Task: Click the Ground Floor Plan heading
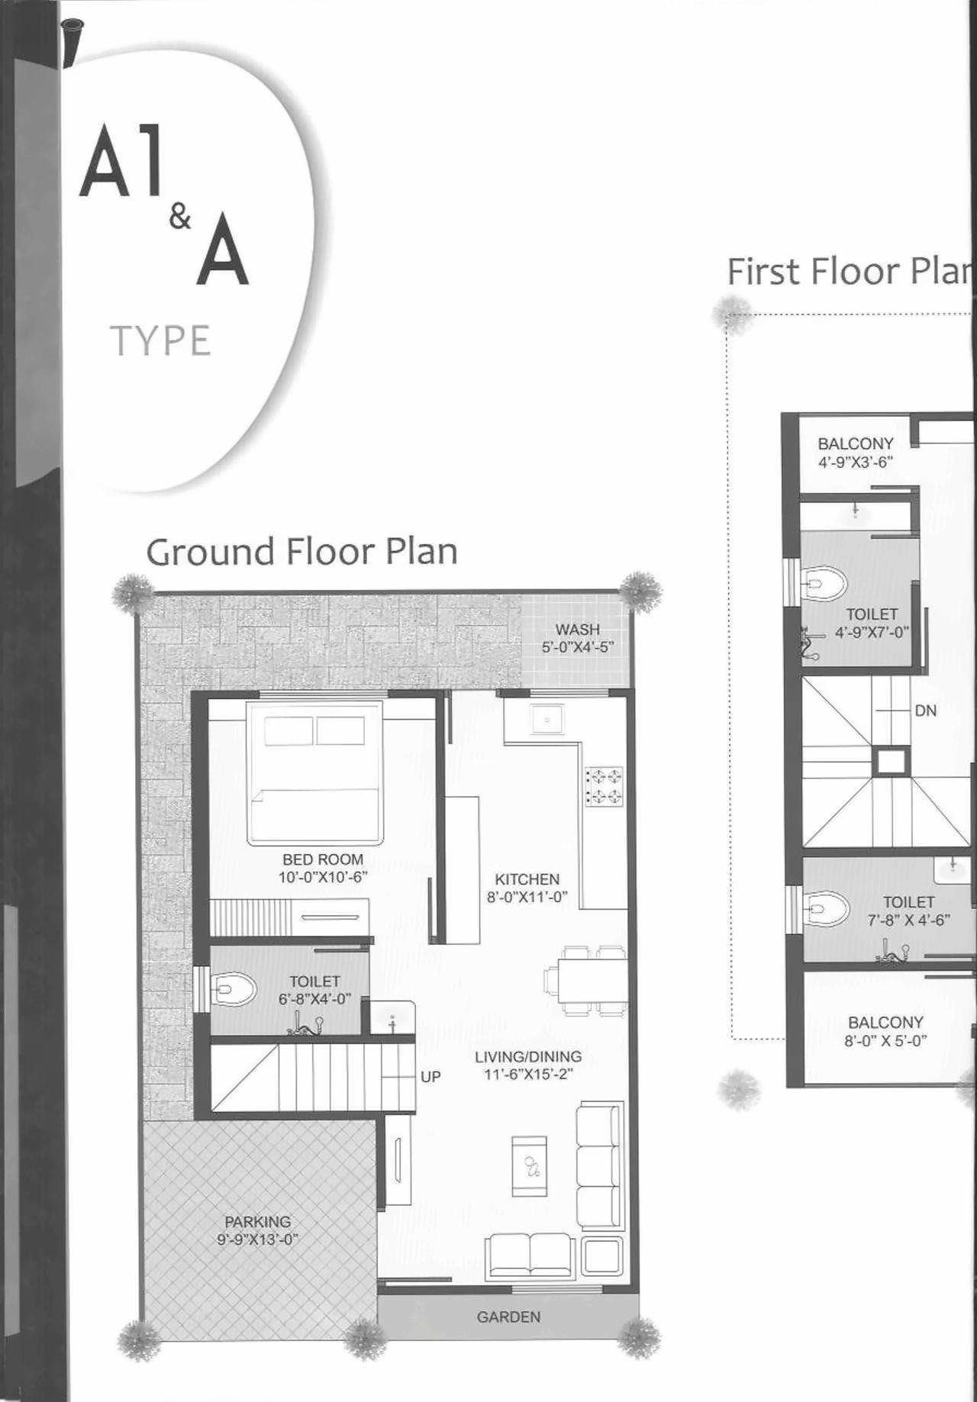(x=301, y=552)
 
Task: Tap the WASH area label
(x=577, y=630)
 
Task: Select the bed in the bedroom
(x=314, y=773)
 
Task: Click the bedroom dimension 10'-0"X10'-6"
(x=323, y=878)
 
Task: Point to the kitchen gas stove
(x=604, y=787)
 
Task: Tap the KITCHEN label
(x=527, y=879)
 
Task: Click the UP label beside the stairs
(x=430, y=1077)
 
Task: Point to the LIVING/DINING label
(x=528, y=1057)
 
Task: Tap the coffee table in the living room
(x=529, y=1166)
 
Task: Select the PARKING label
(x=257, y=1222)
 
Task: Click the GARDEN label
(x=508, y=1317)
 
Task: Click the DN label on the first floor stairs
(x=925, y=711)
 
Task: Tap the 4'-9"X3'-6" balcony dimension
(x=855, y=462)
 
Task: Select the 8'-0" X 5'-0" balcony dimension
(x=885, y=1040)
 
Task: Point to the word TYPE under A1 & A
(x=160, y=341)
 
